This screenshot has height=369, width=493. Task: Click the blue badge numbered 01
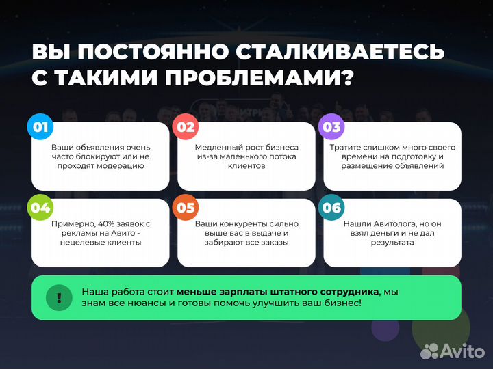(40, 127)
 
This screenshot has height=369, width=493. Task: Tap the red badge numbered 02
(186, 127)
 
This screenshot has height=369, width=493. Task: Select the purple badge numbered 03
(331, 127)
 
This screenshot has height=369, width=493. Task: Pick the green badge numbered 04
(40, 208)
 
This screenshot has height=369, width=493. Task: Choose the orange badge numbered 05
(186, 208)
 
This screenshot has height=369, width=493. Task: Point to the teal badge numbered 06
(331, 208)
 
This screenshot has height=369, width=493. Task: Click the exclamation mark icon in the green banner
(60, 297)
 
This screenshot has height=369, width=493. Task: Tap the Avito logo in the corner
(453, 351)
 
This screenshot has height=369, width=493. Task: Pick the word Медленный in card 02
(216, 147)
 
